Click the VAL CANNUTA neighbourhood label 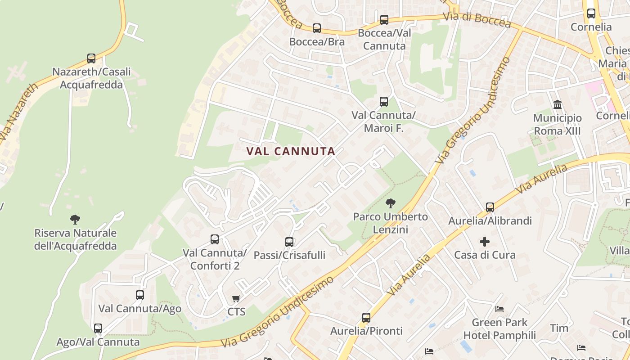pos(291,152)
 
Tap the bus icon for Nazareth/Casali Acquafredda pos(91,58)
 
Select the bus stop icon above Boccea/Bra pos(317,28)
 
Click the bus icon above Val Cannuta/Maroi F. pos(384,102)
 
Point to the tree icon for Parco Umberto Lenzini pos(390,203)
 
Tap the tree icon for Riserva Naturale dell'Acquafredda pos(75,220)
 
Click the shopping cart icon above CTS pos(236,298)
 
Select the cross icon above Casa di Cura pos(485,242)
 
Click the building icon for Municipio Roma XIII pos(558,105)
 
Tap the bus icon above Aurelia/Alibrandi pos(490,207)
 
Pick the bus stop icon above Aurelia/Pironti pos(366,318)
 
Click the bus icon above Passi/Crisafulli pos(289,242)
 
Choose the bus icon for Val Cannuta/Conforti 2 pos(215,239)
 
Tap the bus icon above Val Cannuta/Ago pos(140,295)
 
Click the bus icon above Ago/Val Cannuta pos(98,328)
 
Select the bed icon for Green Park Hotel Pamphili pos(499,309)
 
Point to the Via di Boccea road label pos(477,19)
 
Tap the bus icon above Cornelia pos(591,13)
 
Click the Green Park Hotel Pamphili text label pos(499,329)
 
